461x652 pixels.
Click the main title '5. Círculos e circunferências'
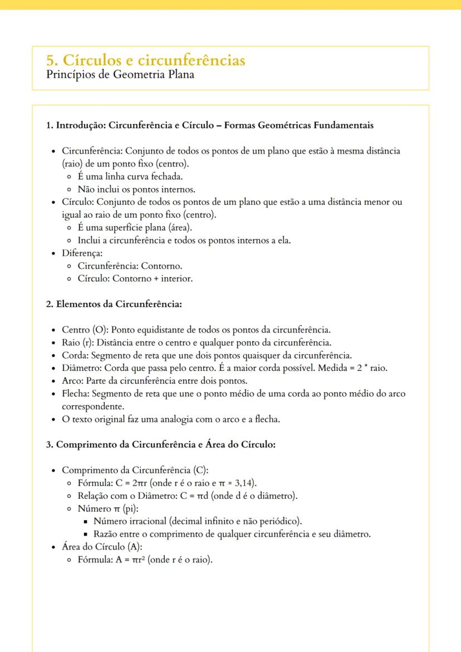(x=146, y=60)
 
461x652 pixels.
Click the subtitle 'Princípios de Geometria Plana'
(x=120, y=75)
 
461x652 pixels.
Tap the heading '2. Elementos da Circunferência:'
(x=114, y=304)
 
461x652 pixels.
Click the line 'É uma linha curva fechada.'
(x=130, y=177)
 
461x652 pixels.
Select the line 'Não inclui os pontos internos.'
(x=136, y=189)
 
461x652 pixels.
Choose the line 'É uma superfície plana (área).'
(x=135, y=228)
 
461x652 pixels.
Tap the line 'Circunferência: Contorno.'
(x=130, y=266)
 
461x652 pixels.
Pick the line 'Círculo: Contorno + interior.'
(x=135, y=279)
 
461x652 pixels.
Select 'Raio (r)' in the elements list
(x=74, y=342)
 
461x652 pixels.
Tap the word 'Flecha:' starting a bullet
(x=75, y=394)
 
